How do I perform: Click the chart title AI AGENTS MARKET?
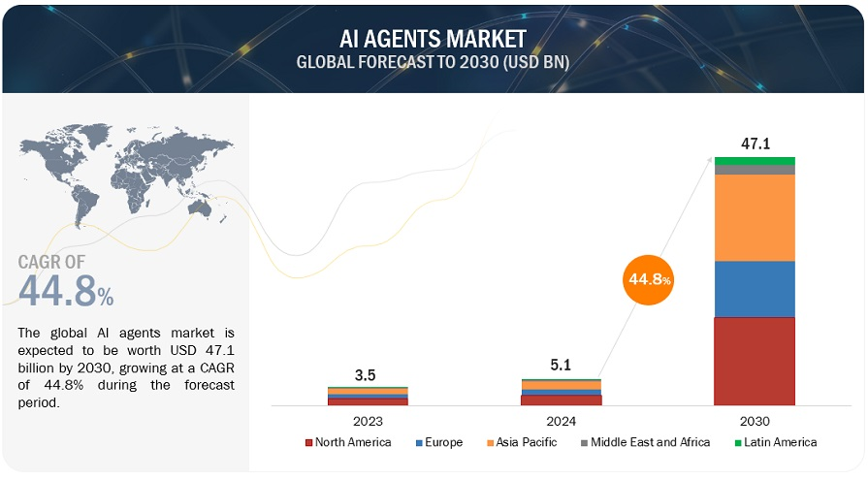433,39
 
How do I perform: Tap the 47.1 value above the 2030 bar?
755,144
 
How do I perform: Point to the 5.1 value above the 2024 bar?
561,366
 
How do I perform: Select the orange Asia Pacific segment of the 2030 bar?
755,217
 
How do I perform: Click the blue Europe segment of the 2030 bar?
755,289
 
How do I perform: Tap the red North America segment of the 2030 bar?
755,361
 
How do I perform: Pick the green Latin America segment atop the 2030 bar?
755,161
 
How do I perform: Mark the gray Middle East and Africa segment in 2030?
755,170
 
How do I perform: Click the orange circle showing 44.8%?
649,280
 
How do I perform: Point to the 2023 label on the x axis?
368,421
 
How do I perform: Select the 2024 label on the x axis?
561,421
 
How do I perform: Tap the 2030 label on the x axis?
755,421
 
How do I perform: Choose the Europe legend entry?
439,442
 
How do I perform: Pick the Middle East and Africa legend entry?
644,442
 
